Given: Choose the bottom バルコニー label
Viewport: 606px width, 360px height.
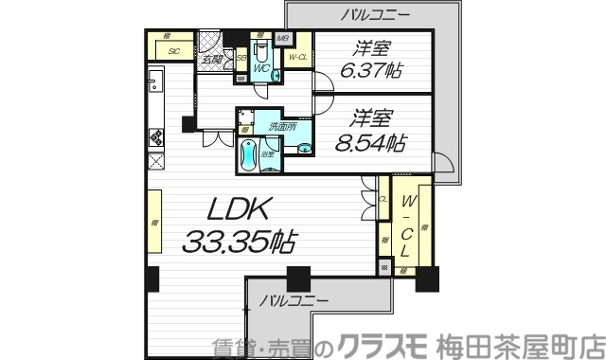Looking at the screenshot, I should coord(294,300).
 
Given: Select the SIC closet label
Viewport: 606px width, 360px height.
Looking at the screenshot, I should coord(174,51).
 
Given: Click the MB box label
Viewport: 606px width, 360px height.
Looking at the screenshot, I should coord(281,39).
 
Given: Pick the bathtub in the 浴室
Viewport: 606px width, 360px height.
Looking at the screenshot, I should coord(248,155).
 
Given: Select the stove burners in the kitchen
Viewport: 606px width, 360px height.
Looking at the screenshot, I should coord(156,135).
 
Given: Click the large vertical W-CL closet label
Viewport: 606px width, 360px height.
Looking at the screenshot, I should coord(406,227).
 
